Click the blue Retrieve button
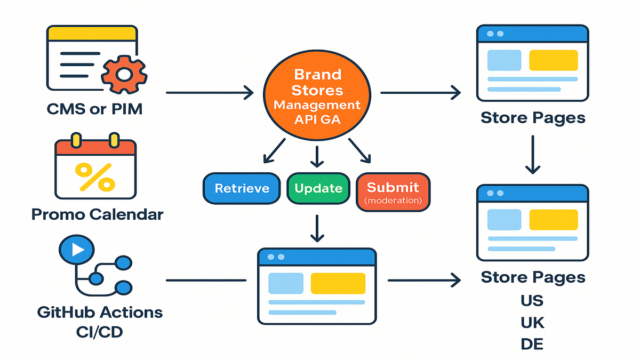[242, 188]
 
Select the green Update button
[318, 188]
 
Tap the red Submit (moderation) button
[393, 192]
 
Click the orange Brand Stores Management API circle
[317, 95]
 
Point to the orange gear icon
[124, 75]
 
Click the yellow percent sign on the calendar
[95, 177]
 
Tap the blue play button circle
[77, 250]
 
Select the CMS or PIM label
[94, 109]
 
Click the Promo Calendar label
[97, 214]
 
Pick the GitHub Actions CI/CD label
[100, 322]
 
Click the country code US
[532, 301]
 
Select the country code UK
[533, 323]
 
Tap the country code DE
[532, 344]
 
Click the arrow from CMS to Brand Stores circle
[210, 93]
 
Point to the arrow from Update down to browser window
[317, 229]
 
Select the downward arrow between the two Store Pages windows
[533, 155]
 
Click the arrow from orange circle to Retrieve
[274, 151]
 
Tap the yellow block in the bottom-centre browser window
[338, 283]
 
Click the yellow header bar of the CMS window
[92, 34]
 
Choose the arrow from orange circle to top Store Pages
[421, 93]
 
